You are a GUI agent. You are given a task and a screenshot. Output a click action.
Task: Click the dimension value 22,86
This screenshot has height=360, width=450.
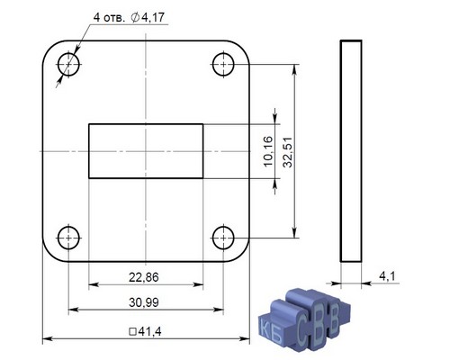pyautogui.click(x=144, y=277)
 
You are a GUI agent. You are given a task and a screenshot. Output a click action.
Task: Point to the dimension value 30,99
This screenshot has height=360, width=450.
pyautogui.click(x=144, y=302)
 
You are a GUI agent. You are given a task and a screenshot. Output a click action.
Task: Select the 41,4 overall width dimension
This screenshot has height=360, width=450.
pyautogui.click(x=149, y=331)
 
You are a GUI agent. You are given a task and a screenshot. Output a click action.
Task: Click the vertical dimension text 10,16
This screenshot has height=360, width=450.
pyautogui.click(x=268, y=151)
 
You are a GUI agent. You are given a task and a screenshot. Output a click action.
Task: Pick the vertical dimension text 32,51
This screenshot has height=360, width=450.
pyautogui.click(x=288, y=152)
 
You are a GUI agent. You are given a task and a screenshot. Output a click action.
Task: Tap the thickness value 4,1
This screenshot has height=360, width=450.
pyautogui.click(x=388, y=275)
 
